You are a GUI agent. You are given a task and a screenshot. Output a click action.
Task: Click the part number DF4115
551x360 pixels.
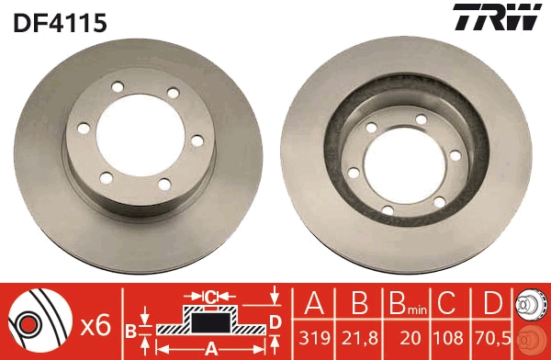(60, 22)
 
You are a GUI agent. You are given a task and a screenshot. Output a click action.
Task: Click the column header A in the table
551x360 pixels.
(314, 303)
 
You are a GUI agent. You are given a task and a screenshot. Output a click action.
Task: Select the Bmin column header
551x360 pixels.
(407, 304)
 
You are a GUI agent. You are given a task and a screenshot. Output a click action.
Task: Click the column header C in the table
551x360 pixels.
(447, 303)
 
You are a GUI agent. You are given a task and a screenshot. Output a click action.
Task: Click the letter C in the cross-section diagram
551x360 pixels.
(209, 296)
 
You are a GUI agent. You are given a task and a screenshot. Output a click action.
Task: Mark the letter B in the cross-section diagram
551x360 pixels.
(130, 329)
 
